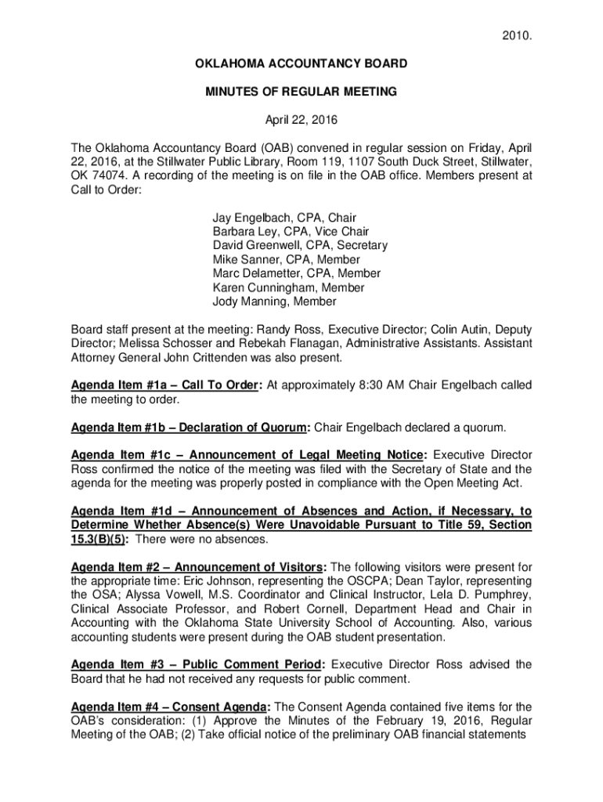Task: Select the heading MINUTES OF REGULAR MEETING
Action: pyautogui.click(x=301, y=92)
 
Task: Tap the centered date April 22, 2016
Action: pyautogui.click(x=301, y=120)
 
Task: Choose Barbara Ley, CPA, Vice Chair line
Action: pyautogui.click(x=291, y=232)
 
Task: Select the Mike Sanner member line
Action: pyautogui.click(x=286, y=260)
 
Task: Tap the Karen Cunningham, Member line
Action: pyautogui.click(x=288, y=287)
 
